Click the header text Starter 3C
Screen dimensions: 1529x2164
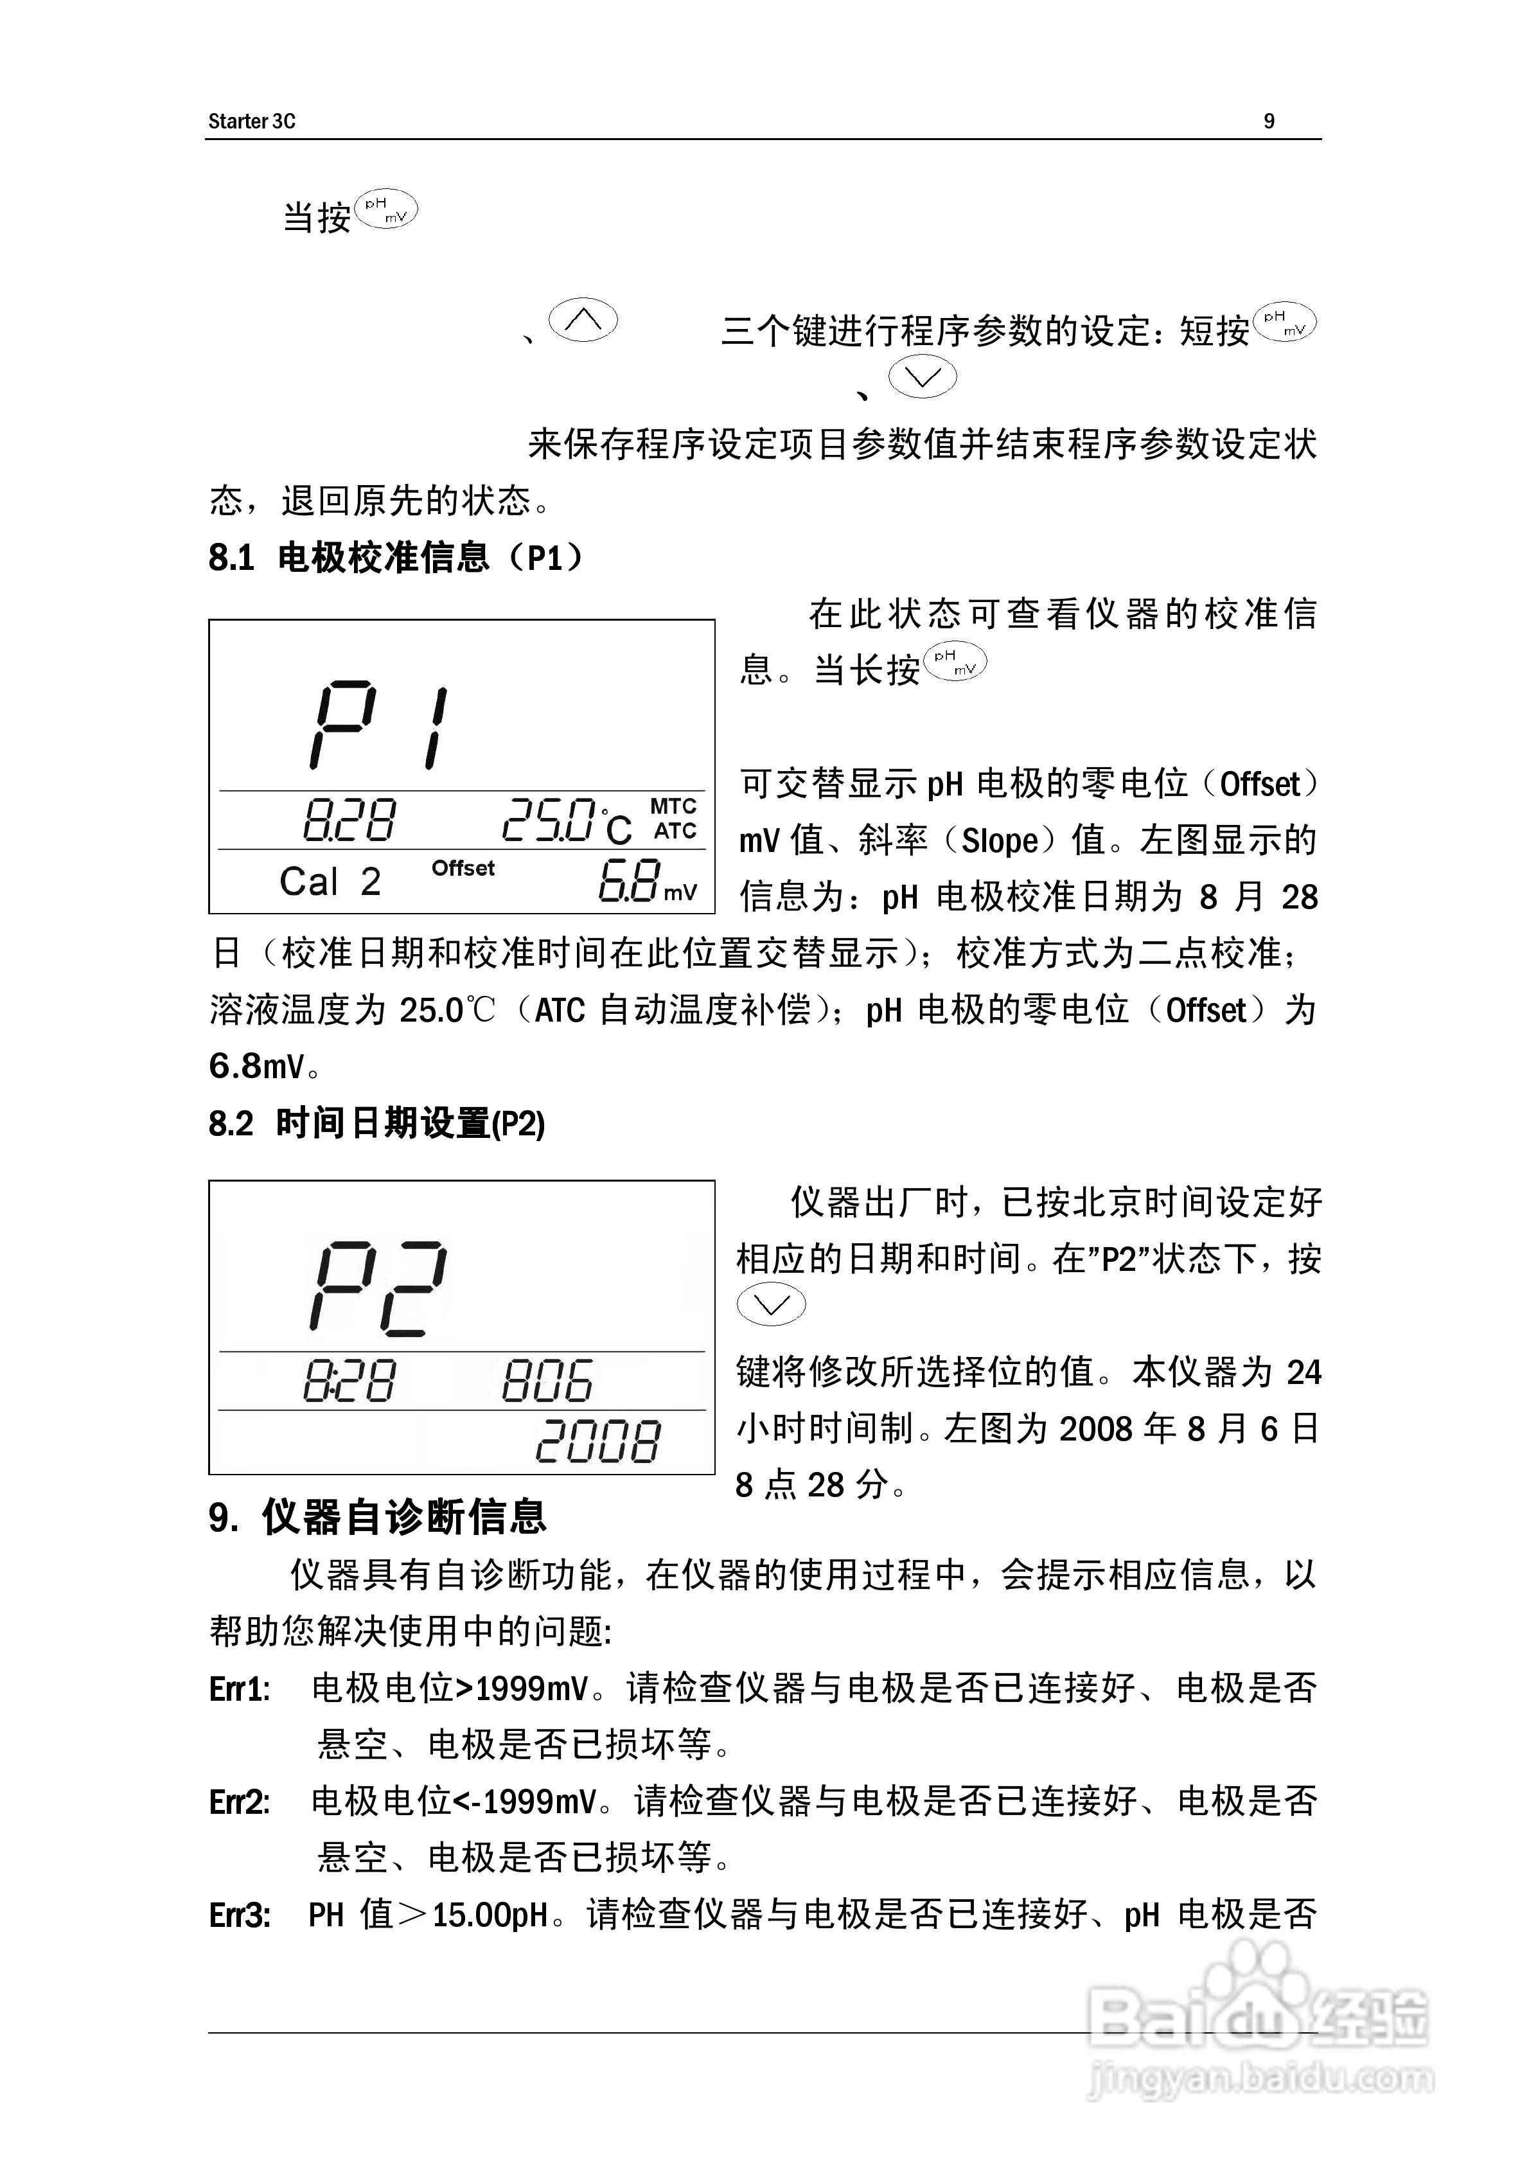[252, 121]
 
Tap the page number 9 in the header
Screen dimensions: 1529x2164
[1269, 121]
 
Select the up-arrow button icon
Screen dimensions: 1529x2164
[583, 321]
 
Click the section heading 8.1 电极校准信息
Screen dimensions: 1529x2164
[396, 558]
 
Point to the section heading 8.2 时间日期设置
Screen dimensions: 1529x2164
[377, 1124]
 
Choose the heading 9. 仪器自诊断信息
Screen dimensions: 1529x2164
[377, 1516]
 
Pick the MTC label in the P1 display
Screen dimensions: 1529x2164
[673, 807]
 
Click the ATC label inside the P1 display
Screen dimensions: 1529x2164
[675, 831]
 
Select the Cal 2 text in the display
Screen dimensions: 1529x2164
[330, 882]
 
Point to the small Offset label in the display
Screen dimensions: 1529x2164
[463, 868]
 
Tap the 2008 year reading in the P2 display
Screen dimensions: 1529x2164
[597, 1441]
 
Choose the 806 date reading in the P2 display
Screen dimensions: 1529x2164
[547, 1381]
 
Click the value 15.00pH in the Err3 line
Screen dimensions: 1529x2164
[490, 1915]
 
